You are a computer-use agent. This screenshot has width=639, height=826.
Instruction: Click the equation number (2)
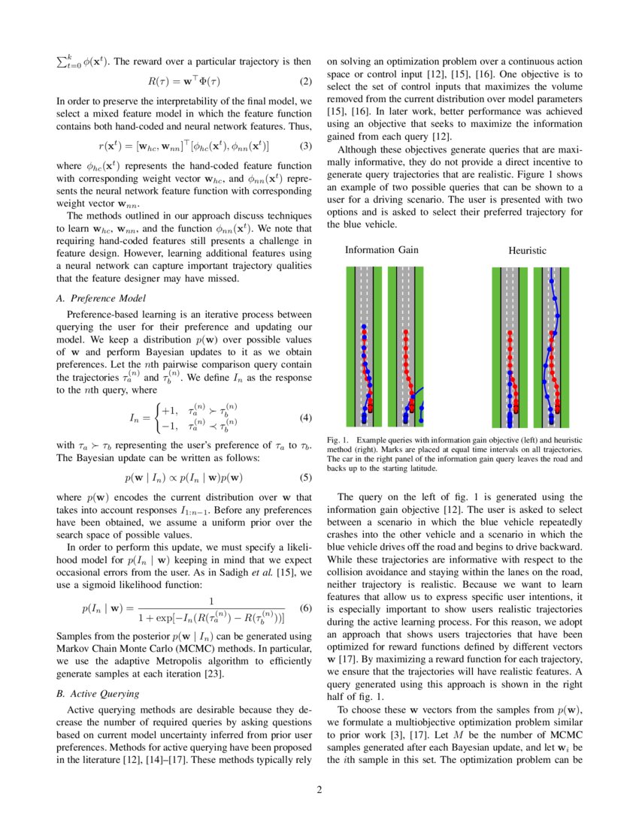point(305,81)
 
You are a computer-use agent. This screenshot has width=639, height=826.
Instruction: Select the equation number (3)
point(305,145)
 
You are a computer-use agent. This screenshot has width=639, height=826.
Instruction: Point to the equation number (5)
point(305,477)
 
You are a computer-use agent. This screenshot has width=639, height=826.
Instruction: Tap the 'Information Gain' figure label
point(381,250)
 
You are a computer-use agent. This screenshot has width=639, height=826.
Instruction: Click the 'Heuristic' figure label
point(527,250)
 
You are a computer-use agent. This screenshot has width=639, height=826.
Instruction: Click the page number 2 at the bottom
point(319,789)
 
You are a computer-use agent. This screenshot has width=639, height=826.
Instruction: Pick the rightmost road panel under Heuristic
point(552,347)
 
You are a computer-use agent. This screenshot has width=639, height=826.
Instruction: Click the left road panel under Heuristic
point(509,347)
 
